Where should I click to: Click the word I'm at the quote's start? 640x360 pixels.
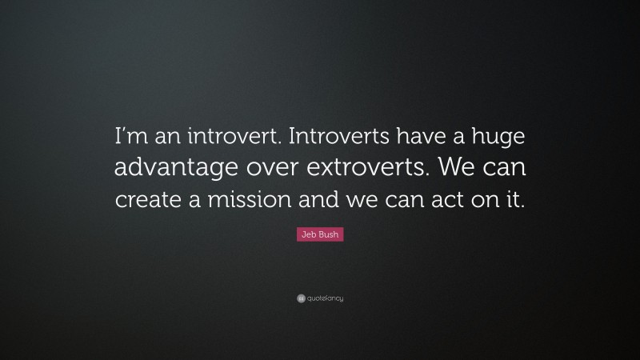[130, 137]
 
